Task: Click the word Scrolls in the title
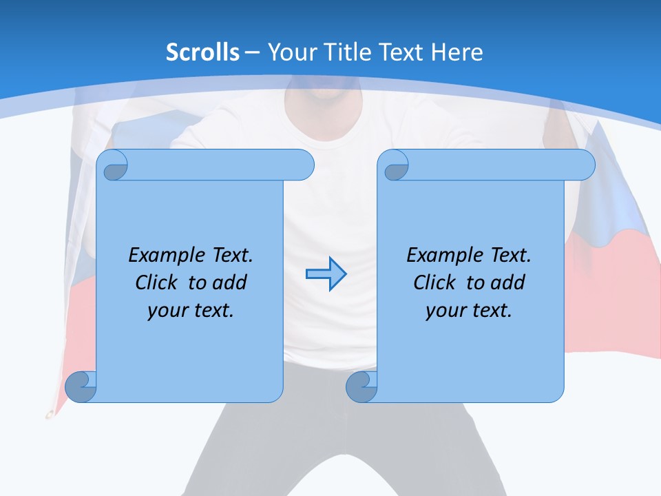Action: (x=202, y=52)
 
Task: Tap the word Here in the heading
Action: (x=457, y=52)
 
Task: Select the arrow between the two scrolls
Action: (x=326, y=273)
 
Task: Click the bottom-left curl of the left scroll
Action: (x=80, y=387)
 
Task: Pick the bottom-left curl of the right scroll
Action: (x=361, y=387)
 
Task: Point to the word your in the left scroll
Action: (x=167, y=311)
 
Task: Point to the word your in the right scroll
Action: (x=445, y=311)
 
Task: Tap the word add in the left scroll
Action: (x=230, y=282)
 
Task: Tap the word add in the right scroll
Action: (x=508, y=282)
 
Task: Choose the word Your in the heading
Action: (x=291, y=52)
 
